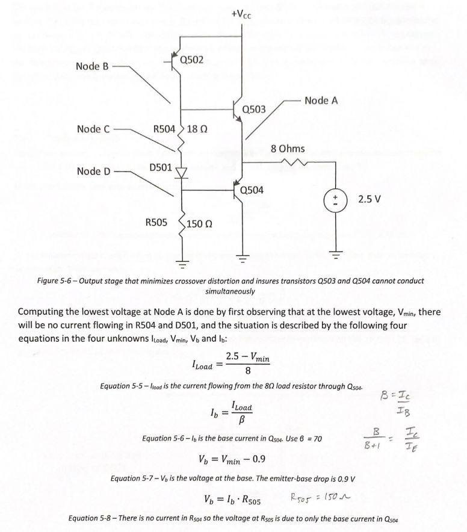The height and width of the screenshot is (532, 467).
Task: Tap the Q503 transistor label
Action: pos(253,109)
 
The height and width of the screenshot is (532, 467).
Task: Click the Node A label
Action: pos(321,101)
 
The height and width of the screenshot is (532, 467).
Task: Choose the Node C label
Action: pos(93,129)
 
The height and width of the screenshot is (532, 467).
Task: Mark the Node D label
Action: pos(93,172)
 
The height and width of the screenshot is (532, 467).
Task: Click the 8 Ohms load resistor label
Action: pos(288,148)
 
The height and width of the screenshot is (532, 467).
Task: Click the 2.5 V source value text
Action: pos(370,197)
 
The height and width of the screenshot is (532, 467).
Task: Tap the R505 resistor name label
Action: pos(158,222)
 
